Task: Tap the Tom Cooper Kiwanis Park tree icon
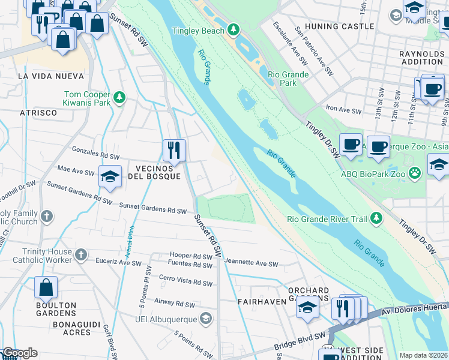point(119,98)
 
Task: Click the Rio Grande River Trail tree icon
point(376,218)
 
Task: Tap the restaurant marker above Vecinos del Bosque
point(175,150)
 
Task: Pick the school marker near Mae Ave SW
point(110,177)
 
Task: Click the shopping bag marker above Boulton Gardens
point(46,289)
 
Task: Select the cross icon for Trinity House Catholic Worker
point(81,256)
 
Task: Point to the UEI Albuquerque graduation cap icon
point(206,317)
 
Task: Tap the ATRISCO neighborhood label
point(38,112)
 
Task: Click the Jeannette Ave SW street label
point(252,264)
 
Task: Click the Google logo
point(19,353)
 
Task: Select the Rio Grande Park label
point(288,79)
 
